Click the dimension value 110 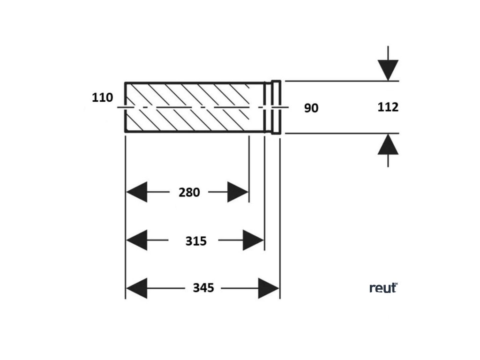103,98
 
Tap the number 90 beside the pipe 311,108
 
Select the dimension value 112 388,107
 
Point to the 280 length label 189,192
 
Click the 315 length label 195,241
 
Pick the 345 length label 203,288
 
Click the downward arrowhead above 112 388,70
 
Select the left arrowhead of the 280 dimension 136,192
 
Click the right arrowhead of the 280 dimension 238,192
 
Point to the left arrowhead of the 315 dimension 136,240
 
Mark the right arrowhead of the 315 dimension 253,240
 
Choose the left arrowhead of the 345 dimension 136,288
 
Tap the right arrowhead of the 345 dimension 269,288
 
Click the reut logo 383,288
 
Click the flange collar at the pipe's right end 276,107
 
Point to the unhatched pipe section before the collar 257,107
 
